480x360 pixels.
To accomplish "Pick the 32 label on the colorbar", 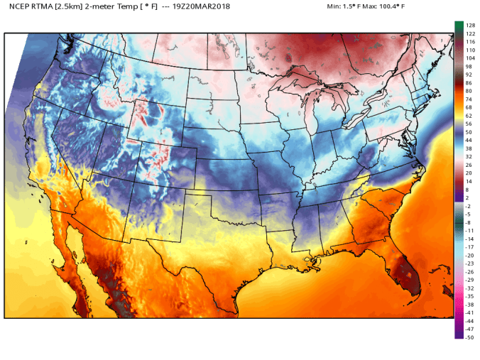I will pos(468,157).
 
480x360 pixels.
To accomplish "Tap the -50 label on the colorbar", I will pos(469,337).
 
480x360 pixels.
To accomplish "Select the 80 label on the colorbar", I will pos(468,92).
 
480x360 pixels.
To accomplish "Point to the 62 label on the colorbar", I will pos(468,116).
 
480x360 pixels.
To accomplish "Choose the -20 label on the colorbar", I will pos(469,255).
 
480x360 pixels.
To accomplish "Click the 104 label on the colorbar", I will pos(469,59).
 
